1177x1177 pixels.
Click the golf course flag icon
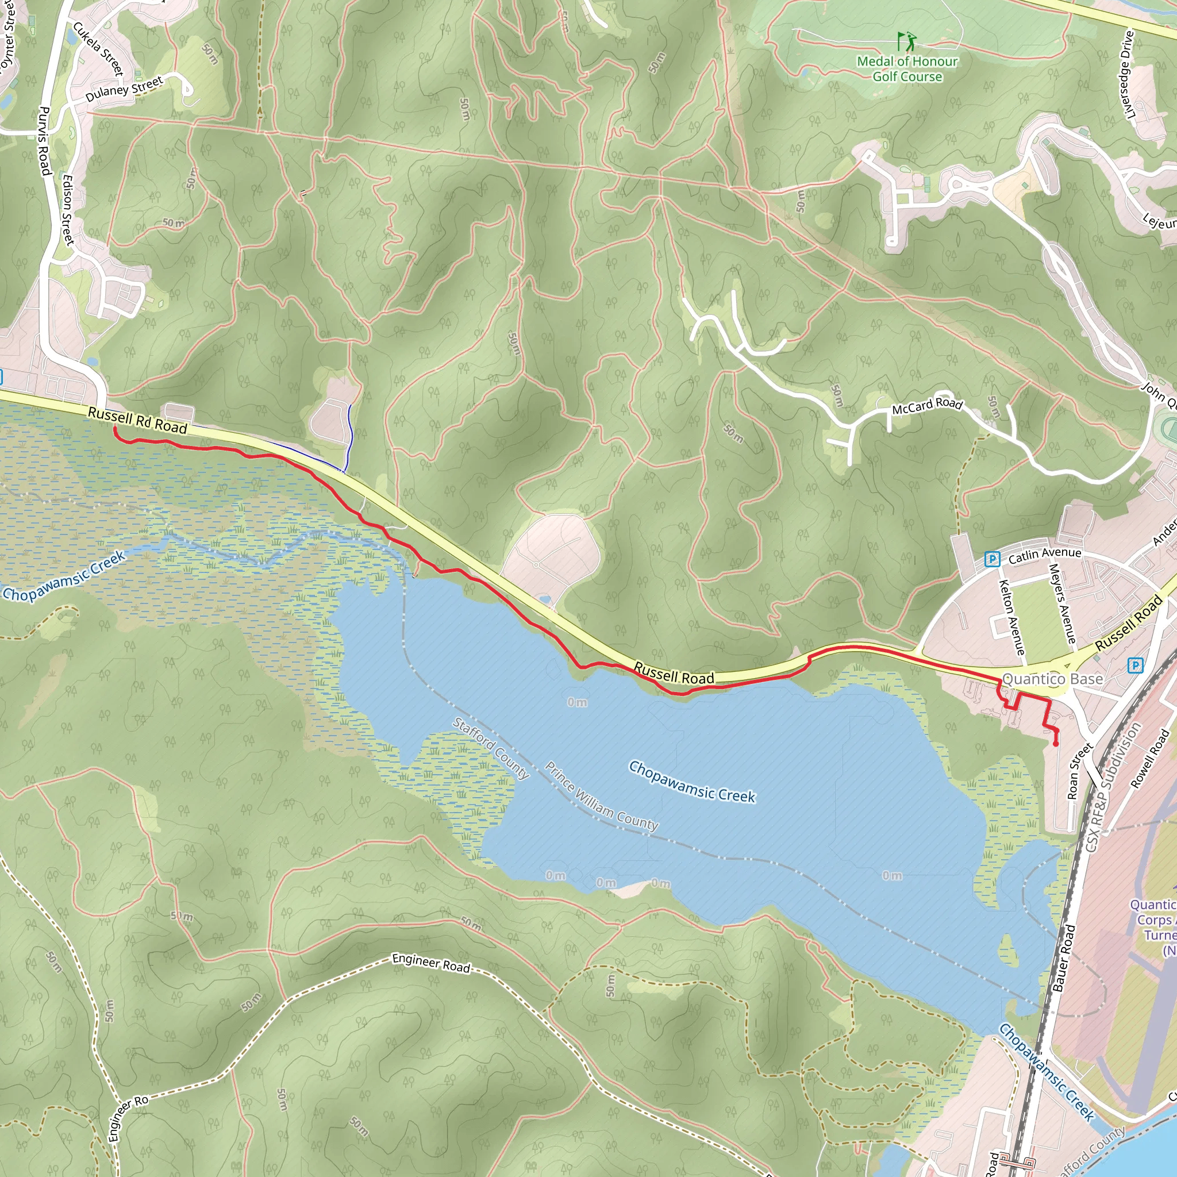(906, 41)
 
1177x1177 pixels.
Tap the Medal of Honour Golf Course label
(907, 69)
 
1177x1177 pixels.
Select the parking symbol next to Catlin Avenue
(992, 559)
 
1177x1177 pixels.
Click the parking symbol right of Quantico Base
(1135, 665)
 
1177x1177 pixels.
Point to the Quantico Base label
(1052, 679)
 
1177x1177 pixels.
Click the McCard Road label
(926, 406)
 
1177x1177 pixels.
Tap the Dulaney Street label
(124, 89)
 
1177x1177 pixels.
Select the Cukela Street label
(98, 49)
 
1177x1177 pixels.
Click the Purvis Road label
(43, 141)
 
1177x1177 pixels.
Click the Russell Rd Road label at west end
(137, 421)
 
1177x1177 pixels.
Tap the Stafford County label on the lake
(491, 748)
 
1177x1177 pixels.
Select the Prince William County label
(601, 796)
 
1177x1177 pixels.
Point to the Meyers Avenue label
(1062, 603)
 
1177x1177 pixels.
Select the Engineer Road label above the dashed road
(430, 963)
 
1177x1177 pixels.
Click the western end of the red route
(114, 429)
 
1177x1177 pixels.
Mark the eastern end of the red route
(1056, 744)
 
